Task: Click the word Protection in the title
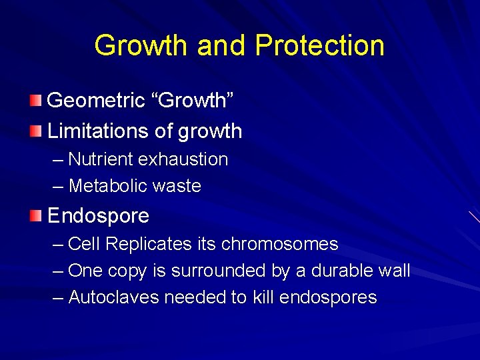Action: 319,46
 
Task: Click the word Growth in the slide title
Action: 141,46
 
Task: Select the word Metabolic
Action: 105,186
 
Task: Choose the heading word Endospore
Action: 98,216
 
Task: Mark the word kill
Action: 263,297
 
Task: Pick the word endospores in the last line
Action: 328,297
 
